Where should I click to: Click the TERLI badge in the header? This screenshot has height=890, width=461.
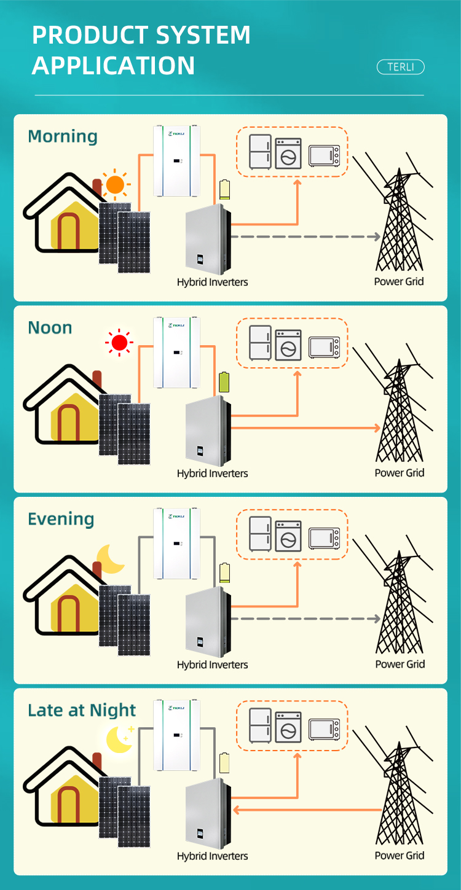tap(400, 67)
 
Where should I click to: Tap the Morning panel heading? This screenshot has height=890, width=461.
tap(63, 136)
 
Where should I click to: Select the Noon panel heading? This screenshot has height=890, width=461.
tap(50, 327)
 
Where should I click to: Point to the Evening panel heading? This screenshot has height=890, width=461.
tap(61, 519)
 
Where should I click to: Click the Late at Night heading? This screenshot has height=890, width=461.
tap(82, 711)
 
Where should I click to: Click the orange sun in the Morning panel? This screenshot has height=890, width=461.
tap(115, 184)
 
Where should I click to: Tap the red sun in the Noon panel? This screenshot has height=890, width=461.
tap(119, 342)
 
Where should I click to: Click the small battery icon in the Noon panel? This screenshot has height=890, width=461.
tap(224, 382)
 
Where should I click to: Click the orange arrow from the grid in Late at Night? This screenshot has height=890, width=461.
tap(307, 810)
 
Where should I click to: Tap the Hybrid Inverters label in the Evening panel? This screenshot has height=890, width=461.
tap(212, 665)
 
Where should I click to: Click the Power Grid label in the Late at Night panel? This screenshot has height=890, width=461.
tap(400, 856)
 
